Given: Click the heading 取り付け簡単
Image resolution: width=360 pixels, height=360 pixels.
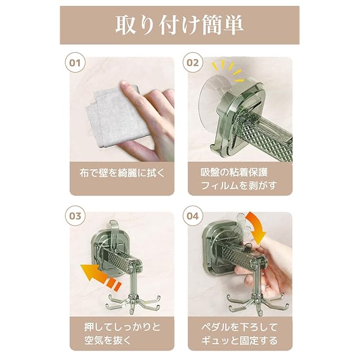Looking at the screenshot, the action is pyautogui.click(x=179, y=25).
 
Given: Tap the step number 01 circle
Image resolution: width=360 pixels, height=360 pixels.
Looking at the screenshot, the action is pyautogui.click(x=75, y=62).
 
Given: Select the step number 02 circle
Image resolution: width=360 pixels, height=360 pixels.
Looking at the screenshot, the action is pyautogui.click(x=192, y=62).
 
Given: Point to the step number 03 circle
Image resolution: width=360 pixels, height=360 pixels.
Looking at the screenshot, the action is pyautogui.click(x=75, y=216).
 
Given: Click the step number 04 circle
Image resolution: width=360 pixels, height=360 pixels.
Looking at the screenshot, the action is pyautogui.click(x=192, y=216).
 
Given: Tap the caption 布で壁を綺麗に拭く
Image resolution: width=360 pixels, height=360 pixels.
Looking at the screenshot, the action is pyautogui.click(x=122, y=173).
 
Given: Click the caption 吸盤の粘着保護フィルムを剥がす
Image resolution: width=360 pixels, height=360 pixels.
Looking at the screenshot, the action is pyautogui.click(x=238, y=179).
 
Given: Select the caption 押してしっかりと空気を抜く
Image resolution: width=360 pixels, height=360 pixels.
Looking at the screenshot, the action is pyautogui.click(x=122, y=334).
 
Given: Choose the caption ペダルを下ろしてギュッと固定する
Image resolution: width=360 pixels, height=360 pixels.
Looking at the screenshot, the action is pyautogui.click(x=239, y=334).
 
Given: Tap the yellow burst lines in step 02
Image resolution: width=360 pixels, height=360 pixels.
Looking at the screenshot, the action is pyautogui.click(x=227, y=70).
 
